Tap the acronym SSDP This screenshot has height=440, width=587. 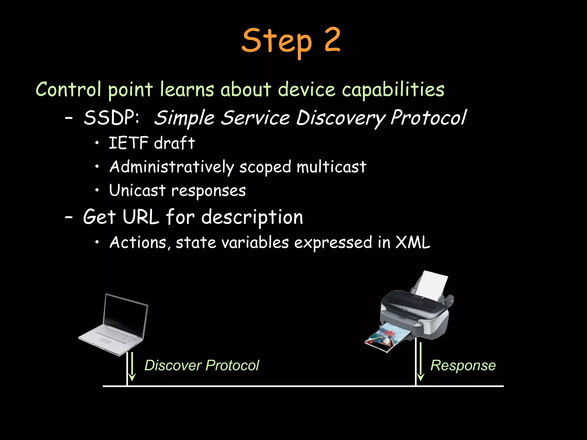111,117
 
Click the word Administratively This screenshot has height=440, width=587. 172,167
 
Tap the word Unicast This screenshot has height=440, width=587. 137,190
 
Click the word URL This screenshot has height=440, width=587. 141,217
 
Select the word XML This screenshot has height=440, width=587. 413,242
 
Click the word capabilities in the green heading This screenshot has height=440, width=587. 393,90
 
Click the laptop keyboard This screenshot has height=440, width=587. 116,334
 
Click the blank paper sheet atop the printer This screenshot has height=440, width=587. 431,285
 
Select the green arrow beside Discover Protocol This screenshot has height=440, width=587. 132,367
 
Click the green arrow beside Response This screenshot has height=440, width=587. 420,362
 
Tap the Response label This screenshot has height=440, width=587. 463,366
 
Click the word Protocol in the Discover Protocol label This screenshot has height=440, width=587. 232,366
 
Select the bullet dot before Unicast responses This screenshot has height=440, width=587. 97,190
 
